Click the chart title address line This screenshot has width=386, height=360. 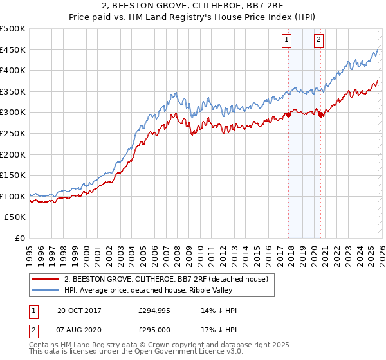[x=193, y=7]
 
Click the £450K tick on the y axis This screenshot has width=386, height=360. [x=13, y=50]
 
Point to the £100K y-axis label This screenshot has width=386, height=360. [x=13, y=196]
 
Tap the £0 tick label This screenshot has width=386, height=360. [x=20, y=238]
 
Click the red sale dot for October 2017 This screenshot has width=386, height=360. [x=288, y=114]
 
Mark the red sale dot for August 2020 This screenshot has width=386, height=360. [x=320, y=114]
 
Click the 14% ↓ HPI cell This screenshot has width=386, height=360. [x=219, y=310]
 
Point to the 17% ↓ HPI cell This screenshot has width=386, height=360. [x=219, y=330]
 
